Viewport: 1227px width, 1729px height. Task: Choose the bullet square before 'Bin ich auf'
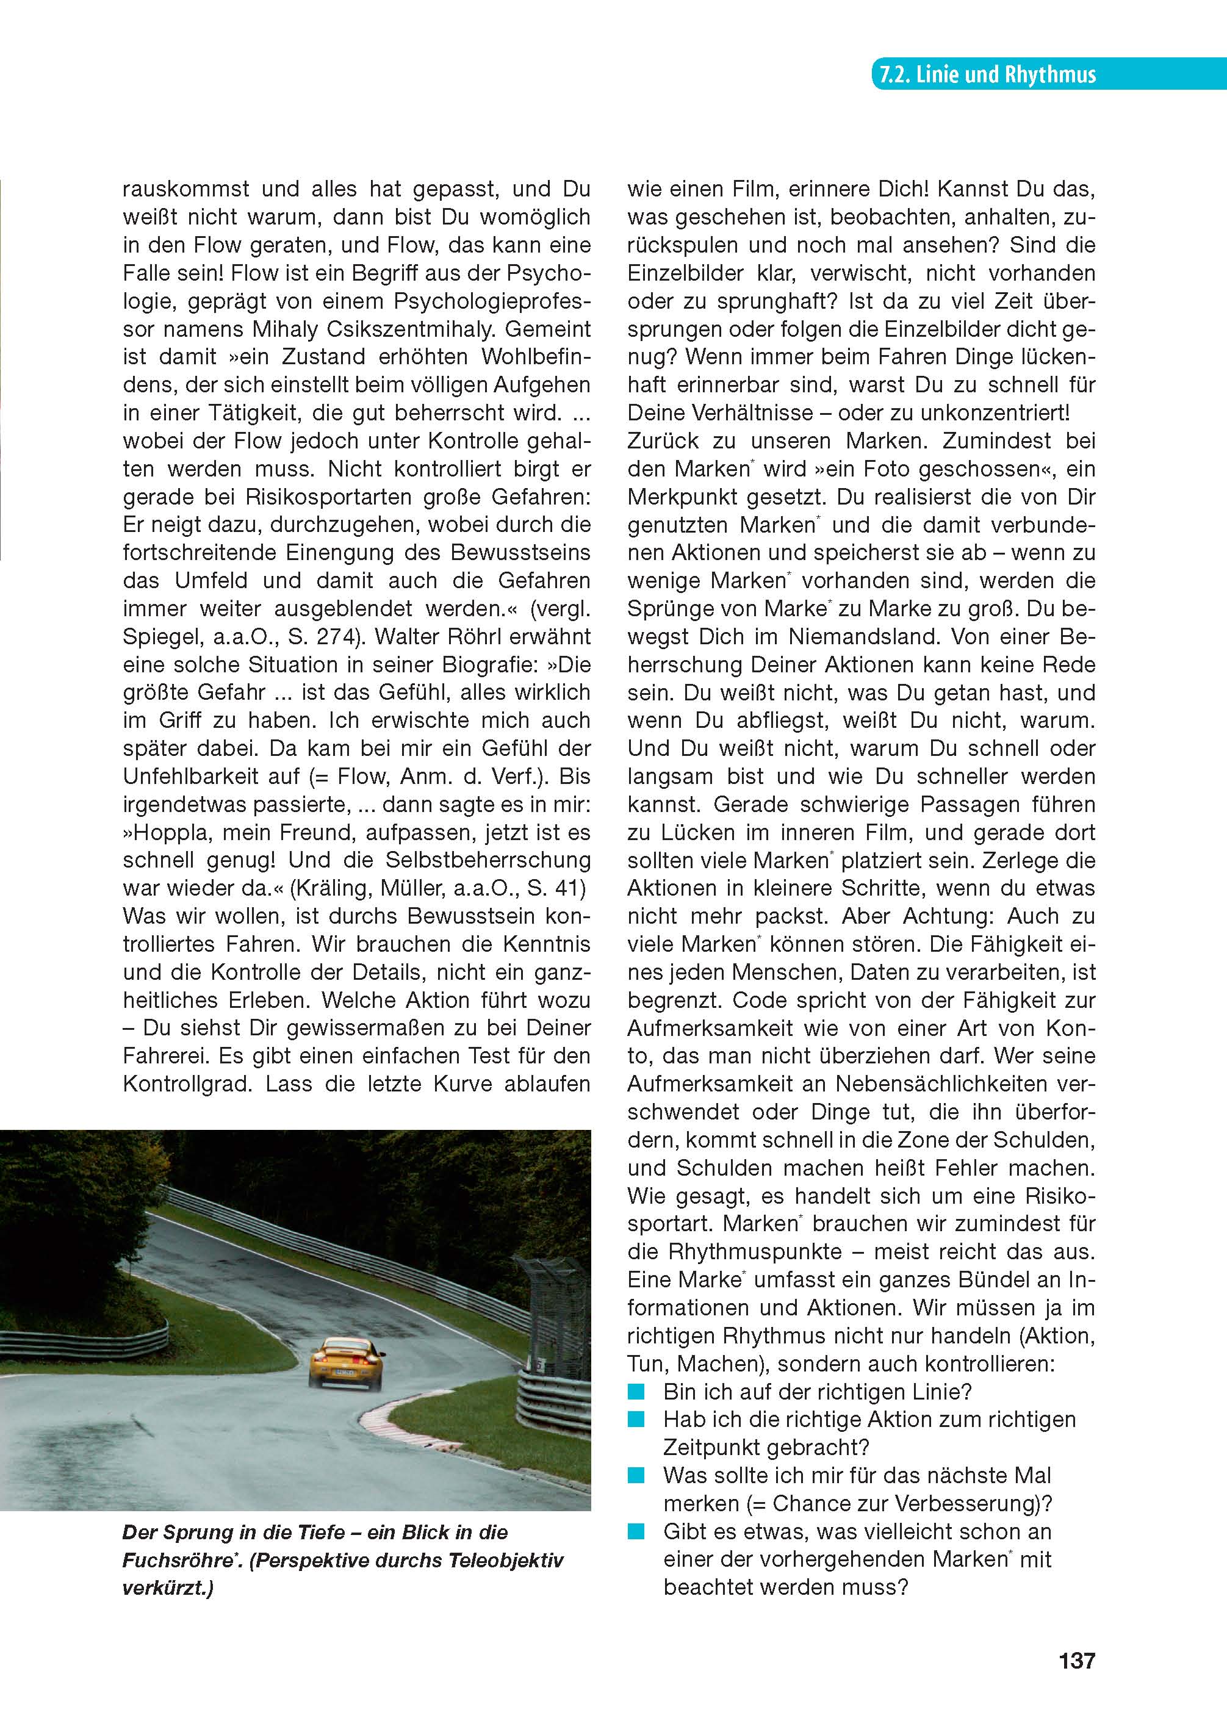click(x=637, y=1392)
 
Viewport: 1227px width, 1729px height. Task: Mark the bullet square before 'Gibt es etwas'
click(x=637, y=1531)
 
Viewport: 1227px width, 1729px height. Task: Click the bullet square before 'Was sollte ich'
click(x=637, y=1475)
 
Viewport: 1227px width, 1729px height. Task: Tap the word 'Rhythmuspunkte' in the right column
click(x=755, y=1252)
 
